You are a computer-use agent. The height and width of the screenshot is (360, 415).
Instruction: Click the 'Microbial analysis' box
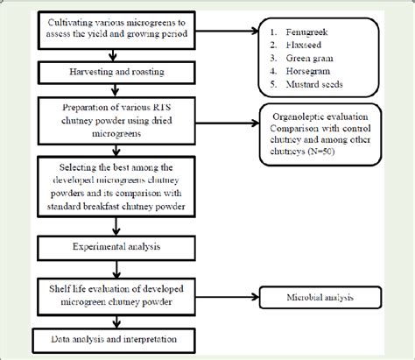click(319, 298)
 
